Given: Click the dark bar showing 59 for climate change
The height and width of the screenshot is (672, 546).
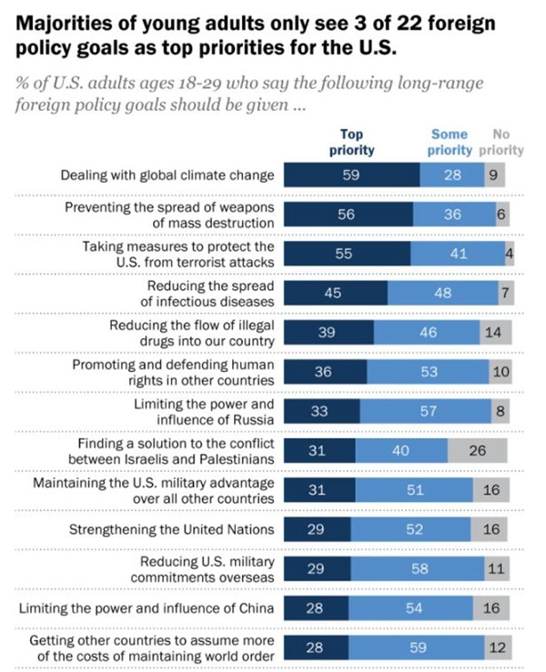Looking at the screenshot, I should coord(351,176).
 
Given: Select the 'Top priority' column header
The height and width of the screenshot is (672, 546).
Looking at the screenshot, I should coord(351,142).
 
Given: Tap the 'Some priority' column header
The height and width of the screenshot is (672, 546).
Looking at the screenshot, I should coord(450,142).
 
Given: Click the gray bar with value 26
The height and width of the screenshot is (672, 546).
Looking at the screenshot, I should coord(478,449).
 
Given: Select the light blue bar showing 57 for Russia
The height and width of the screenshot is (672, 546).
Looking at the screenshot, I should coord(418,410).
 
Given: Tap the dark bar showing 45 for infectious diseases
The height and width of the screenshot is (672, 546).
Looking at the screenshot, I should coord(335,293).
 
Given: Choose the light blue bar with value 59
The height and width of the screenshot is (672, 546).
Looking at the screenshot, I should coord(420,647).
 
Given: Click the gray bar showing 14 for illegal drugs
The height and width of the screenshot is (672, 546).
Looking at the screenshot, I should coord(492,332).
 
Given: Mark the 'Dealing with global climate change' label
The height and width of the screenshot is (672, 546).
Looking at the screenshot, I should coord(168,176).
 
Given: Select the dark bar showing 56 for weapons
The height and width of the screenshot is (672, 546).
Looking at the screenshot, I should coord(348,215).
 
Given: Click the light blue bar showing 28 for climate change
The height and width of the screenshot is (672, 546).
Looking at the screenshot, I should coord(451,176).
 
